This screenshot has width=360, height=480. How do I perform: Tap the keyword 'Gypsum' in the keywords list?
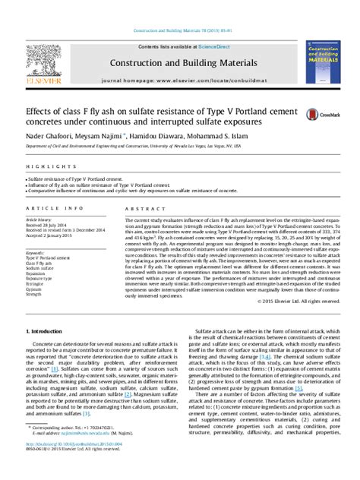(34, 289)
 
